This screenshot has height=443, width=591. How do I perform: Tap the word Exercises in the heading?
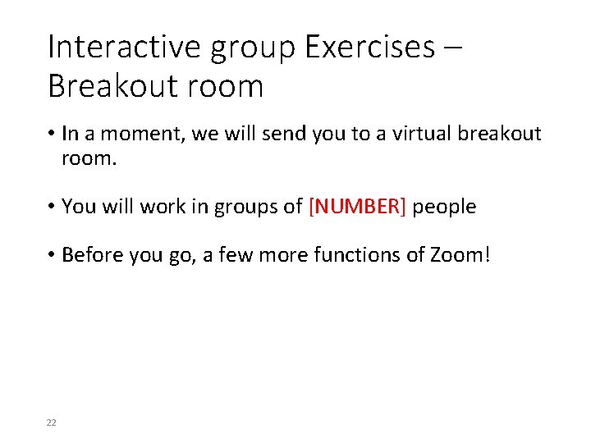369,47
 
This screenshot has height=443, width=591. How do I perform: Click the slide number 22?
52,422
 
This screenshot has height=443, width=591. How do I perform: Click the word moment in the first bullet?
144,135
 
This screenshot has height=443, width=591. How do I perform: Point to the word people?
444,207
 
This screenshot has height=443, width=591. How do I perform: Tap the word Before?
92,255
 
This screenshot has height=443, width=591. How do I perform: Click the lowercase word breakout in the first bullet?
497,135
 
